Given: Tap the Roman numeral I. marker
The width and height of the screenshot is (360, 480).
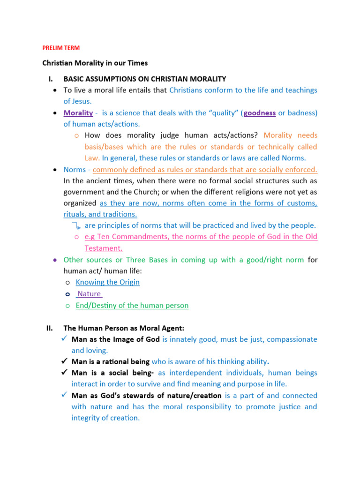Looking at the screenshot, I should [48, 79].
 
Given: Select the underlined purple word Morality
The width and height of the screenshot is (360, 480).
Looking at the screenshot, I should [78, 113].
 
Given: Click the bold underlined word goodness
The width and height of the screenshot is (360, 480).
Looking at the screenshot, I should [260, 113].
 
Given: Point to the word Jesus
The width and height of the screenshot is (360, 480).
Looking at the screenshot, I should [81, 101].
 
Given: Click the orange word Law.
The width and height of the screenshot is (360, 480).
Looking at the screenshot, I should [91, 158].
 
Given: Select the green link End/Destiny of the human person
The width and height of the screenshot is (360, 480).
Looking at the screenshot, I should [132, 305].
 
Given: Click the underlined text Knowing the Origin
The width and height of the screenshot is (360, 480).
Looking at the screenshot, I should [108, 282].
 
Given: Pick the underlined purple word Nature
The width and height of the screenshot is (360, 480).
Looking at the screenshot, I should [89, 294].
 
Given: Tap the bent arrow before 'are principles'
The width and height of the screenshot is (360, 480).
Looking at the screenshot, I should [78, 226].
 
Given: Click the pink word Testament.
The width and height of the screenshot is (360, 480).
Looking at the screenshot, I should [103, 248].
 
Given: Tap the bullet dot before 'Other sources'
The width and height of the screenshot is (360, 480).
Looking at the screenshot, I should [55, 259].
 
